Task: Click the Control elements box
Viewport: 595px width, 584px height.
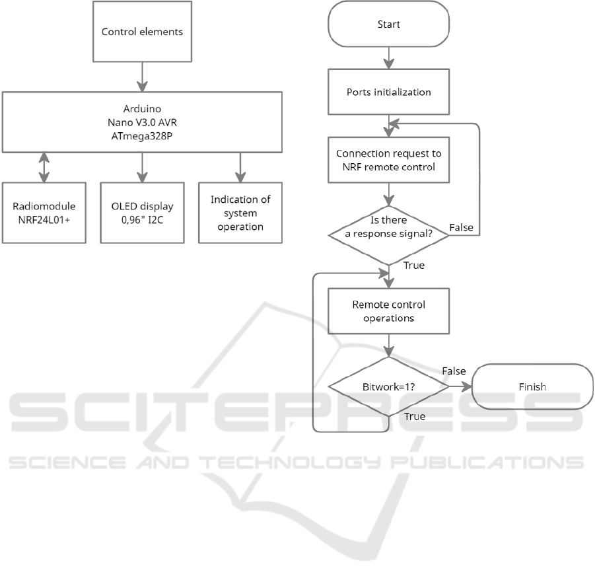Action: point(142,31)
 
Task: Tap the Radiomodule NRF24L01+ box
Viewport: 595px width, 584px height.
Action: point(44,212)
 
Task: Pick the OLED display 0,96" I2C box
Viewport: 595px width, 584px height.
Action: point(143,212)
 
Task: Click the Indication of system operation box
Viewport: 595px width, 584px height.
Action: point(240,212)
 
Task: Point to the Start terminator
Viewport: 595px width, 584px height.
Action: point(389,24)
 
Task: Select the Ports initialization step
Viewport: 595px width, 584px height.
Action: point(389,92)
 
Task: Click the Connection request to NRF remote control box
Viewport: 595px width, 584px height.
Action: point(389,160)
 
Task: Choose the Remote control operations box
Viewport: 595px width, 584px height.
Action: point(389,311)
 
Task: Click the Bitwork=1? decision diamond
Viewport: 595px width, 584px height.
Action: point(389,386)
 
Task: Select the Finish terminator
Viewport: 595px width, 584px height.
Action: point(532,386)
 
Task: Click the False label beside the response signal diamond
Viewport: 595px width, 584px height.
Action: point(460,227)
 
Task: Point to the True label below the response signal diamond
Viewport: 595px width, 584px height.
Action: point(413,266)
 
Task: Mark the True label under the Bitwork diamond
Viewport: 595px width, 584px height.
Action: point(413,417)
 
